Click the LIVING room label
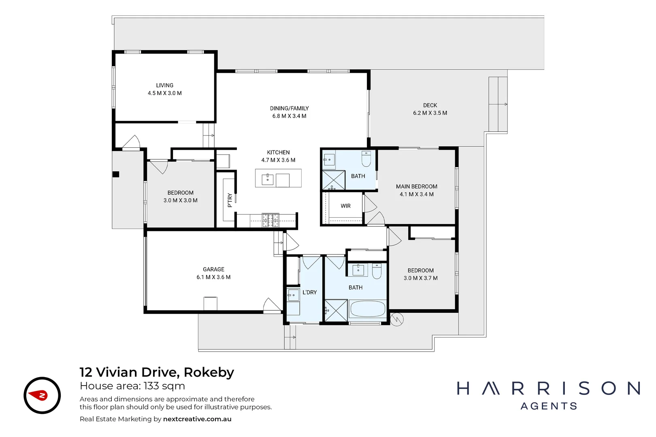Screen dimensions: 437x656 pyautogui.click(x=164, y=85)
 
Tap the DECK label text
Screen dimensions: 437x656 pyautogui.click(x=430, y=105)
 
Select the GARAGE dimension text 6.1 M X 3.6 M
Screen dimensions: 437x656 pyautogui.click(x=213, y=277)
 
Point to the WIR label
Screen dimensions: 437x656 pyautogui.click(x=345, y=206)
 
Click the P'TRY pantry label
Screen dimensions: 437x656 pyautogui.click(x=230, y=200)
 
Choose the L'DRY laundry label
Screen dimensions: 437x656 pyautogui.click(x=309, y=292)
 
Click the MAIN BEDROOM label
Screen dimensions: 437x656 pyautogui.click(x=416, y=187)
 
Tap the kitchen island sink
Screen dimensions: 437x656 pyautogui.click(x=268, y=179)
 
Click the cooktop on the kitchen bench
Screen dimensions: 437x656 pyautogui.click(x=270, y=220)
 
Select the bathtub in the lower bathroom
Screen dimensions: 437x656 pyautogui.click(x=368, y=309)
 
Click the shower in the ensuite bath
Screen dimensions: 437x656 pyautogui.click(x=333, y=180)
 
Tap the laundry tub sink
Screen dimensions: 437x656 pyautogui.click(x=293, y=295)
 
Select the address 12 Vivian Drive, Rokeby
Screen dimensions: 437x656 pyautogui.click(x=157, y=372)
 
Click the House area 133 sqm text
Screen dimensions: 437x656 pyautogui.click(x=132, y=386)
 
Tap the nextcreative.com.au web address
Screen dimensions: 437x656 pyautogui.click(x=197, y=419)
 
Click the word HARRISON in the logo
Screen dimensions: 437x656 pyautogui.click(x=549, y=389)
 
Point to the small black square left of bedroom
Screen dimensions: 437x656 pyautogui.click(x=116, y=174)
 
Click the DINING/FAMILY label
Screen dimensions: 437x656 pyautogui.click(x=289, y=108)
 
